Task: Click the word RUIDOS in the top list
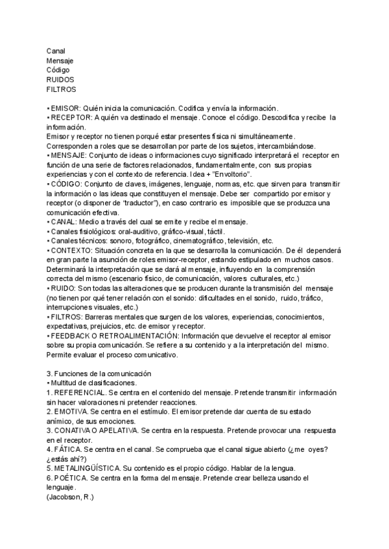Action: (60, 79)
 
